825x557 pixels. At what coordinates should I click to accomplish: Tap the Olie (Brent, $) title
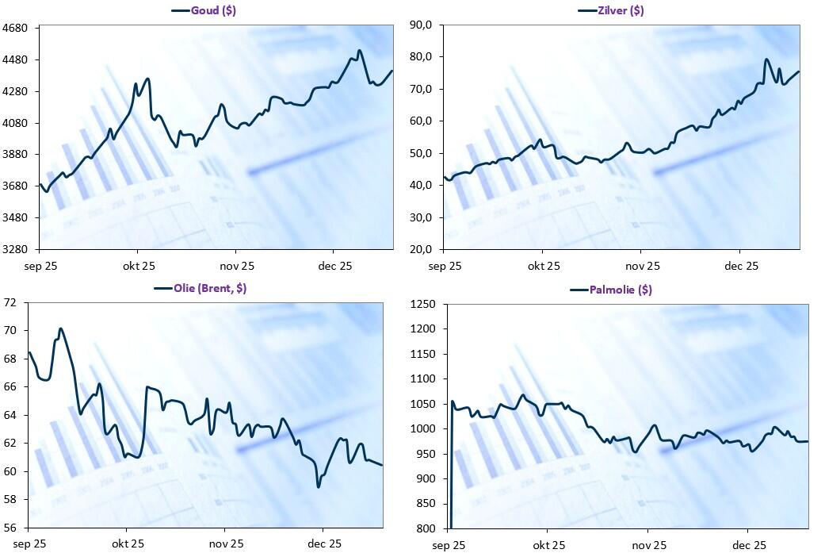tap(209, 288)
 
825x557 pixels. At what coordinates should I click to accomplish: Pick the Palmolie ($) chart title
tap(621, 290)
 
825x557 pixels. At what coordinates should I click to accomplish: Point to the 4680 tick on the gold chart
tap(15, 29)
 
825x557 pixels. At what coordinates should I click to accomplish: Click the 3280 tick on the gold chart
tap(15, 249)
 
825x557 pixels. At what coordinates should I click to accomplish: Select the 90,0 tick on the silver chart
tap(420, 25)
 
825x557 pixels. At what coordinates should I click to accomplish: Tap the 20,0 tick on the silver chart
tap(420, 249)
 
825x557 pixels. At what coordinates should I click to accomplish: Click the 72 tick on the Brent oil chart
tap(11, 302)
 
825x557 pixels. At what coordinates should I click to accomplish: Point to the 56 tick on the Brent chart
tap(11, 528)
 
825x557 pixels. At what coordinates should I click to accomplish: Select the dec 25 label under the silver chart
tap(741, 266)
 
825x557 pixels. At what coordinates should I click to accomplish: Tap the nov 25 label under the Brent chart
tap(226, 544)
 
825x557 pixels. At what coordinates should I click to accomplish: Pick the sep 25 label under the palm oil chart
tap(449, 545)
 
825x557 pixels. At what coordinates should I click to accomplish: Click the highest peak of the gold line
tap(359, 51)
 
